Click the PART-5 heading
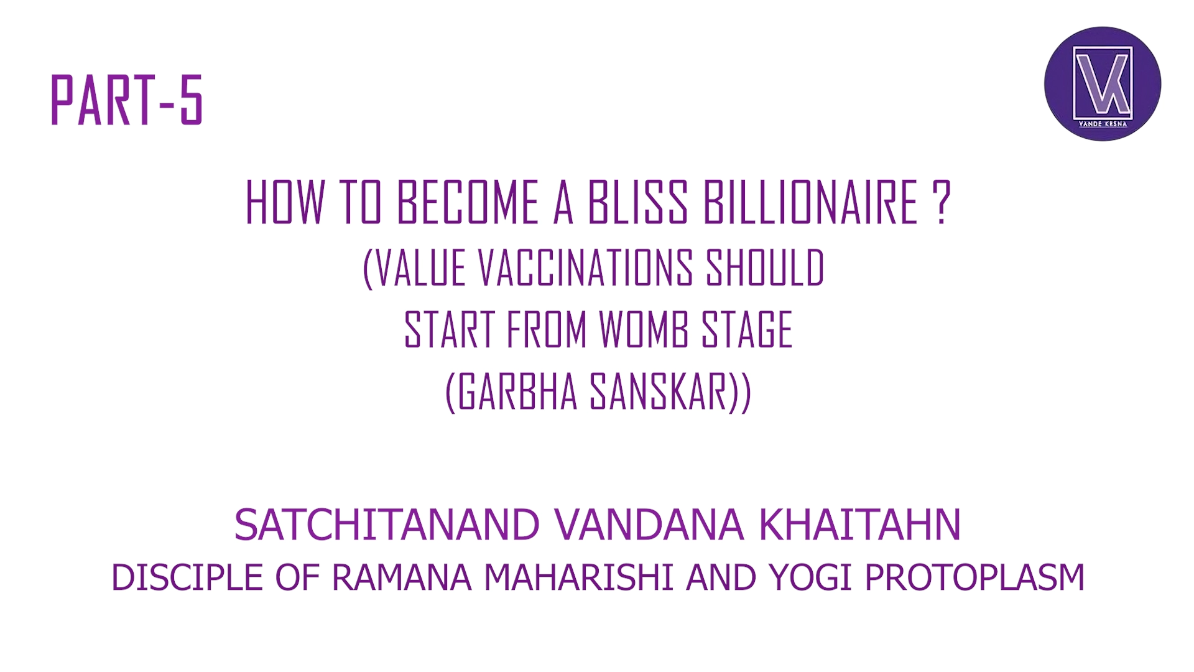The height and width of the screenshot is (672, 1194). [126, 100]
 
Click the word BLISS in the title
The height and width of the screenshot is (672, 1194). [637, 203]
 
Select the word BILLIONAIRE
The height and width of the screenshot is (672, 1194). [810, 203]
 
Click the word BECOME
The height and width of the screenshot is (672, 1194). [468, 203]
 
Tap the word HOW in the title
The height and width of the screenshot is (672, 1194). [285, 203]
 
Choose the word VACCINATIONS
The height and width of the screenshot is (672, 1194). [585, 269]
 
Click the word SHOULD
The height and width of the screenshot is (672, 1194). [765, 269]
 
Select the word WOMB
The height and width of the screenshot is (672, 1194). [643, 330]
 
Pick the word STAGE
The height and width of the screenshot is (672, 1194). [747, 330]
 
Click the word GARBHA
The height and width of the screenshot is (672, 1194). [518, 393]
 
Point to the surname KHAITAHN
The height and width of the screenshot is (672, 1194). [859, 525]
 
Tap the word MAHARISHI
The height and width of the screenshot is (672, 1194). [578, 577]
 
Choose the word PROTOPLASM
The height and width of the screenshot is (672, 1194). [974, 577]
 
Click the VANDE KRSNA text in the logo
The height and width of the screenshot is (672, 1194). [1103, 124]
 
